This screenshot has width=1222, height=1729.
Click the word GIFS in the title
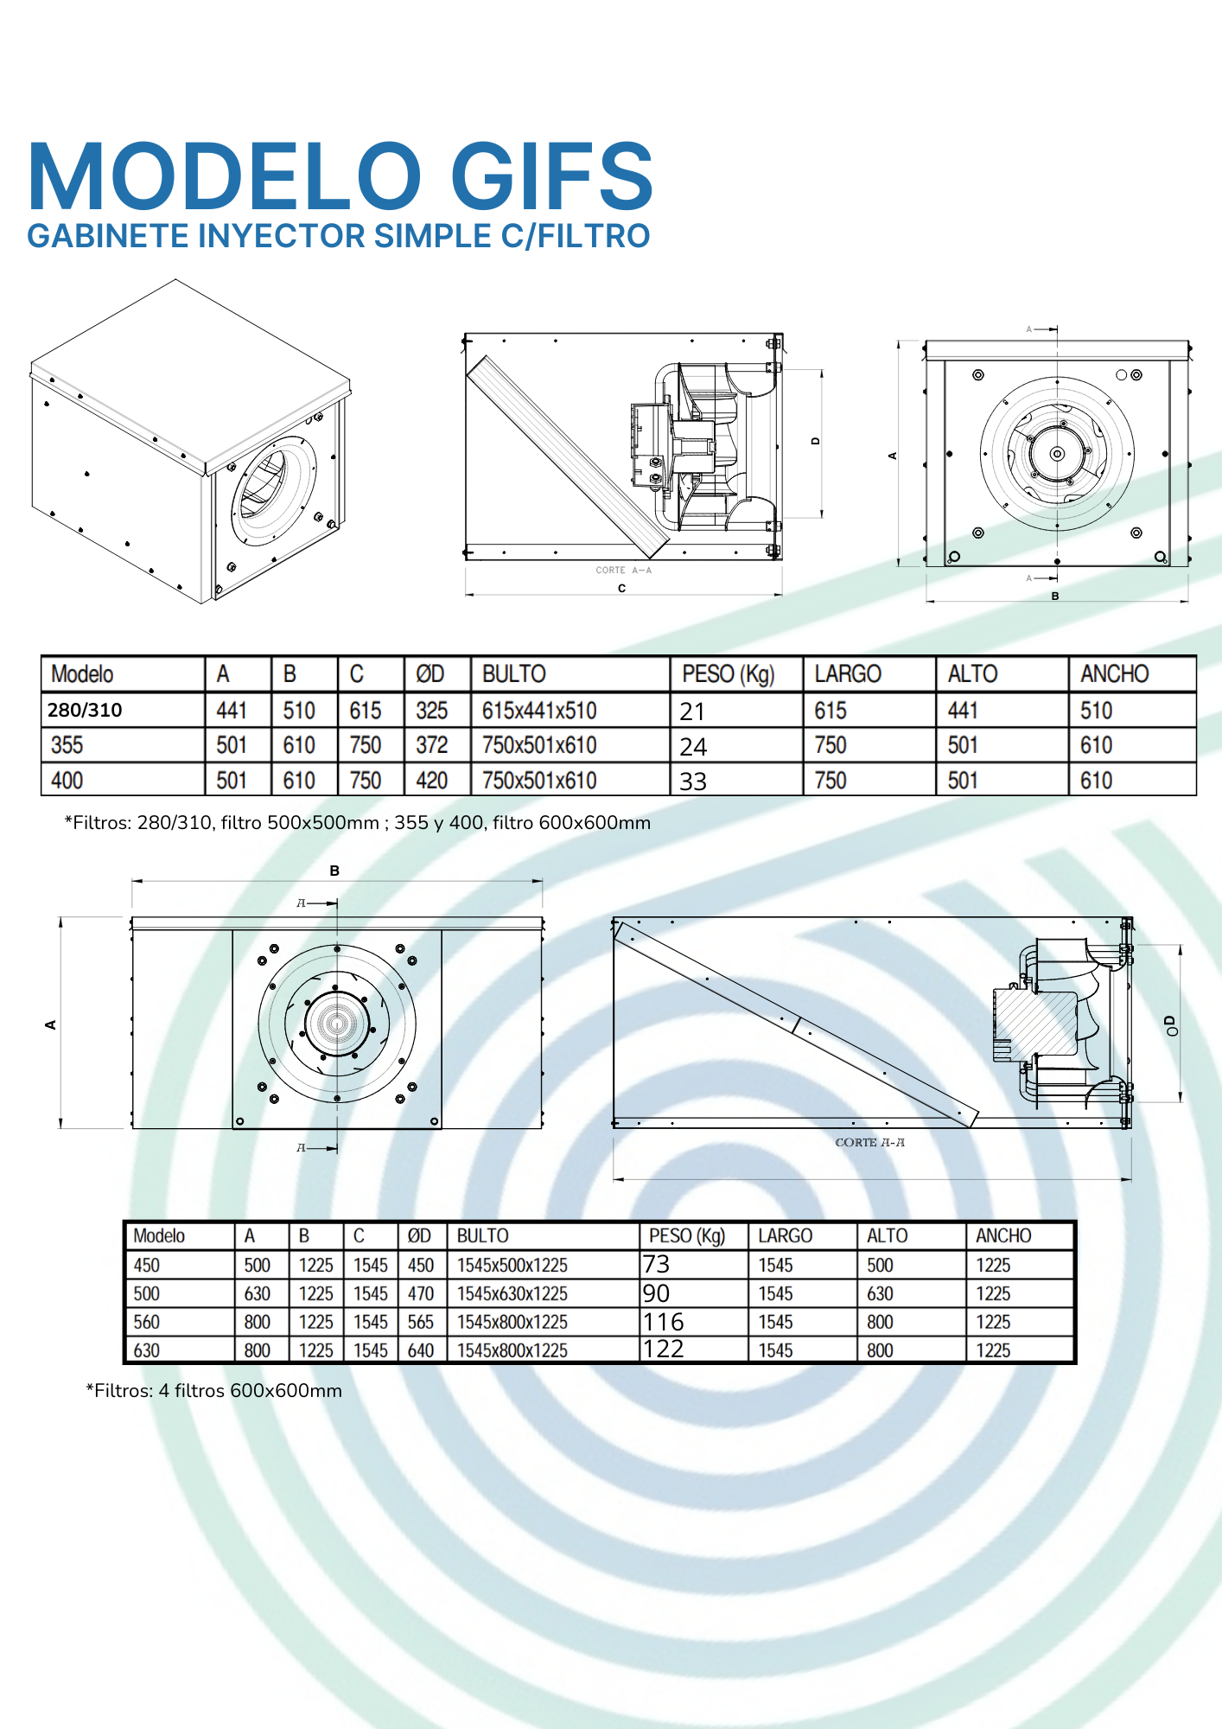pyautogui.click(x=551, y=177)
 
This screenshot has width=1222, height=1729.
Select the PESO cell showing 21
pyautogui.click(x=692, y=711)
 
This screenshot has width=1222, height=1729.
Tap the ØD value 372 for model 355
pyautogui.click(x=431, y=745)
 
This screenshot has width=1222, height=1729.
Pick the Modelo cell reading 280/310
pyautogui.click(x=85, y=710)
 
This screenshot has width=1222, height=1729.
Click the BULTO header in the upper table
pyautogui.click(x=513, y=673)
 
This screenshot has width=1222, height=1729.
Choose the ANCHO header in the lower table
pyautogui.click(x=1003, y=1235)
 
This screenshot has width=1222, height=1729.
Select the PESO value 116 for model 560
pyautogui.click(x=663, y=1322)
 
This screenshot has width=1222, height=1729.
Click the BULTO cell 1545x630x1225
pyautogui.click(x=512, y=1294)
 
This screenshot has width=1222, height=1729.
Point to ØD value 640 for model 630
pyautogui.click(x=420, y=1350)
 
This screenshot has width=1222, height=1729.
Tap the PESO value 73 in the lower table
pyautogui.click(x=656, y=1265)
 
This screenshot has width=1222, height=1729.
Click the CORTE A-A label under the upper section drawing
pyautogui.click(x=623, y=571)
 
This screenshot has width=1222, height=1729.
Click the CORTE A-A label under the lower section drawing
pyautogui.click(x=869, y=1142)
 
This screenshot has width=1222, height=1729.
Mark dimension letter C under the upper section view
pyautogui.click(x=621, y=589)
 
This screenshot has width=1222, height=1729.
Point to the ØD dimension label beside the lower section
pyautogui.click(x=1170, y=1025)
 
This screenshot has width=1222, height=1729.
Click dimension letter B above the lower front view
pyautogui.click(x=334, y=871)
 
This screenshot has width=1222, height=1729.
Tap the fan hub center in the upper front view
pyautogui.click(x=1057, y=454)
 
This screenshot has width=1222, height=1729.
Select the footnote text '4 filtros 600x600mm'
pyautogui.click(x=250, y=1391)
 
